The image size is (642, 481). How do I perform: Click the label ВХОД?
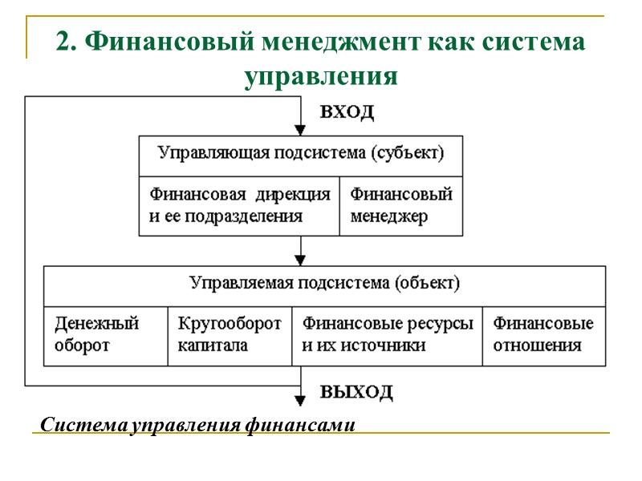point(347,112)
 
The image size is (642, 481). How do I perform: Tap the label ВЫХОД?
point(357,392)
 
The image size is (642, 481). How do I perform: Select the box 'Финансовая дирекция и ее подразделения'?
point(239,205)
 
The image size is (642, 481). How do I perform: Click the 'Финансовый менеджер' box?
point(401,205)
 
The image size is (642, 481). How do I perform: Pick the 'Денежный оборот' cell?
point(105,335)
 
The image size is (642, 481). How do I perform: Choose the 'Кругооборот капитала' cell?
point(229,335)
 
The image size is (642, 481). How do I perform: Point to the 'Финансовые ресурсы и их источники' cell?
point(387,335)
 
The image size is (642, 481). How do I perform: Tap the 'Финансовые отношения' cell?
point(543,335)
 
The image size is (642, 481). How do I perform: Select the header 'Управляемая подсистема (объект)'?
point(324,283)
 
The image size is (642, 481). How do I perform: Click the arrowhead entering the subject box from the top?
point(300,130)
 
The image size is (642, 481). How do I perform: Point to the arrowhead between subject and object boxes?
point(300,260)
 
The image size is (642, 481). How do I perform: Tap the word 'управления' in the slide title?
point(320,76)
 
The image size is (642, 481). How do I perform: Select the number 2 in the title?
point(63,42)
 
